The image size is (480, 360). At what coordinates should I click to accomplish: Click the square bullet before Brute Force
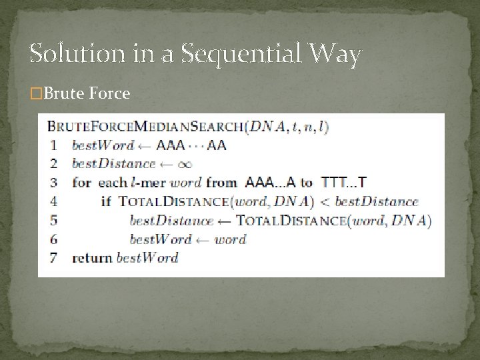[x=35, y=94]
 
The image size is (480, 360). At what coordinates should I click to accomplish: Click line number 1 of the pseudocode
[x=52, y=145]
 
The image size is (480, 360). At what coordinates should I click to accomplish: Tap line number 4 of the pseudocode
[x=52, y=201]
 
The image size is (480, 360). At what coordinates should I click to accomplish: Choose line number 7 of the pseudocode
[x=52, y=257]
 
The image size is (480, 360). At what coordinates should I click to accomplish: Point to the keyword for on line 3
[x=81, y=182]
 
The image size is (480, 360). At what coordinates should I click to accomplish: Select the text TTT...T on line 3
[x=343, y=182]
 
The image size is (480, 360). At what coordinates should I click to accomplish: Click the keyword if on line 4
[x=105, y=201]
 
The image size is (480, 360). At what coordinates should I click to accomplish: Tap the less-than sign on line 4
[x=323, y=201]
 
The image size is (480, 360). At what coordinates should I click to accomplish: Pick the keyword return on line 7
[x=93, y=257]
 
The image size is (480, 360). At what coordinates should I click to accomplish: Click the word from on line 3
[x=222, y=182]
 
